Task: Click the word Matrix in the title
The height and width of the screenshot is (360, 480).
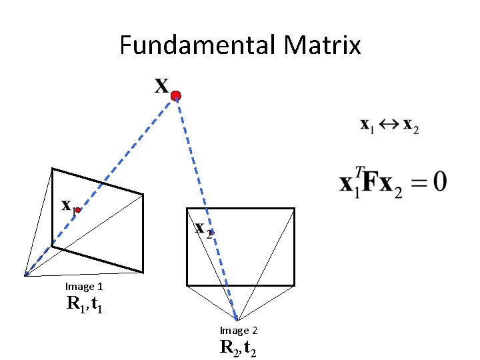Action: click(322, 45)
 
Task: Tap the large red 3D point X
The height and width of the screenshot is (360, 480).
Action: click(175, 97)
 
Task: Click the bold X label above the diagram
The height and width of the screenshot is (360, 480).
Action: click(161, 86)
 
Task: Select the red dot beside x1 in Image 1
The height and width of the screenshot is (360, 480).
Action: click(78, 210)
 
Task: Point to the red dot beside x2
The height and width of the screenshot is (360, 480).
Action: click(211, 232)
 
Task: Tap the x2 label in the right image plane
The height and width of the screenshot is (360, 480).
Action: click(203, 229)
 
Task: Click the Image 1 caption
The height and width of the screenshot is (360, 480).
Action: click(84, 287)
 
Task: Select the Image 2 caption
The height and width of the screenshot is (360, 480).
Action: click(239, 331)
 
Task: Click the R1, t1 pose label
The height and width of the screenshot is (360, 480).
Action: click(84, 305)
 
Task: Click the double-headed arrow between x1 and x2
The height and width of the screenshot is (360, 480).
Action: click(390, 125)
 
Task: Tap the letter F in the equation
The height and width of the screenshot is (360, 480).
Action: click(371, 182)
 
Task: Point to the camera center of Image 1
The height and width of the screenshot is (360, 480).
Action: click(25, 275)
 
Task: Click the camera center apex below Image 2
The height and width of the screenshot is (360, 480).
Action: click(237, 321)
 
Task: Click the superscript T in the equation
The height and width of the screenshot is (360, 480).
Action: click(359, 172)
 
